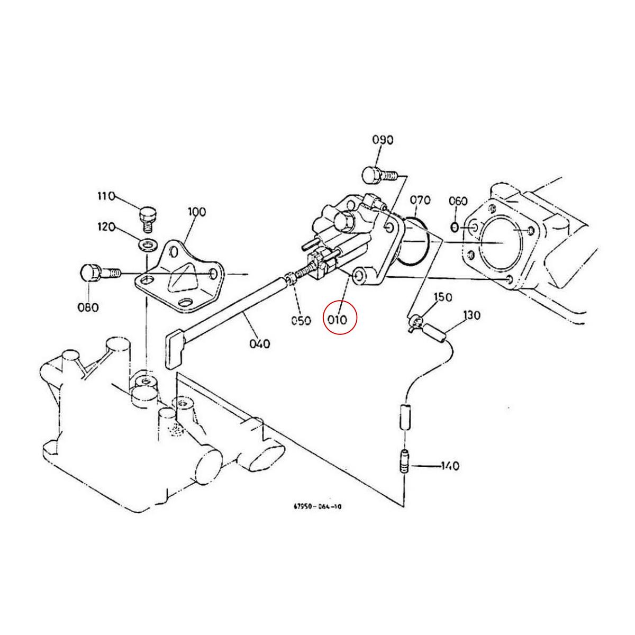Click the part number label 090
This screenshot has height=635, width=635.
383,140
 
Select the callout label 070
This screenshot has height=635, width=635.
420,200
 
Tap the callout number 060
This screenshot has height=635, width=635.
458,201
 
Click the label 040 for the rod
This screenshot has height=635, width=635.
259,344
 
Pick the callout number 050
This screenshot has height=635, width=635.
301,320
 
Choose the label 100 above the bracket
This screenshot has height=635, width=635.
196,212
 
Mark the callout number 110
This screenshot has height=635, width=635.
106,196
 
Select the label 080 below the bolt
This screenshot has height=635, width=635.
88,307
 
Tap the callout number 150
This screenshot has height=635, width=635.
443,297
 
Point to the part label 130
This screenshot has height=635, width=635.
471,316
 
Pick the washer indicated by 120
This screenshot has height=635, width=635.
148,244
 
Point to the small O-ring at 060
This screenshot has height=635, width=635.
455,227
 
